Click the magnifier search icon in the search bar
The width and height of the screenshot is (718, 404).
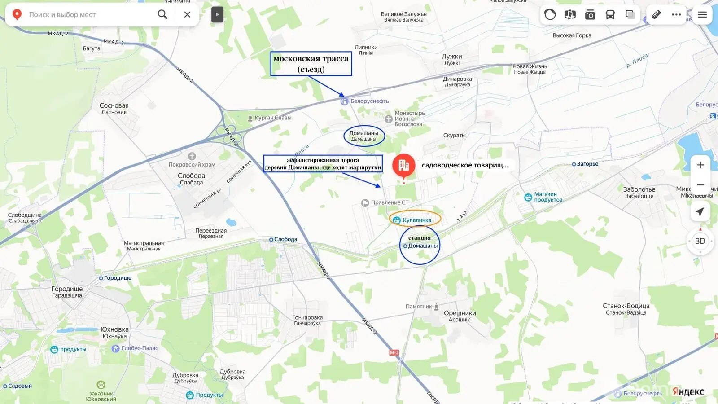(x=162, y=14)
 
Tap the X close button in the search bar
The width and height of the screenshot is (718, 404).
(x=188, y=14)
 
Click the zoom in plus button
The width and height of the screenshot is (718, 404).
(x=700, y=165)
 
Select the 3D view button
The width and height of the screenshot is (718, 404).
(x=700, y=241)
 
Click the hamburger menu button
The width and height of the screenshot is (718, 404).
(x=702, y=14)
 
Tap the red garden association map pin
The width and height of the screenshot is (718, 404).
(x=403, y=165)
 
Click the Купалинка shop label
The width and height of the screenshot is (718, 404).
(x=416, y=220)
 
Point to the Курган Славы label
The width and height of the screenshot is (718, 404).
(x=272, y=118)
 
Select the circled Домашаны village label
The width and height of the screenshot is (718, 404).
(x=364, y=136)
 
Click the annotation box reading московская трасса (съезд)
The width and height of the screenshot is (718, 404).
(x=311, y=64)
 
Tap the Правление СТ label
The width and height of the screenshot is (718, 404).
(x=389, y=203)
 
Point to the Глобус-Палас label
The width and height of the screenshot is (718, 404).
(x=139, y=348)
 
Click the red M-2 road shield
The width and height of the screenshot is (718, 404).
(x=394, y=353)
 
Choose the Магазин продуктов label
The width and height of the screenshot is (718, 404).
(x=547, y=197)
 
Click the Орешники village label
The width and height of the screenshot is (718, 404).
(x=460, y=316)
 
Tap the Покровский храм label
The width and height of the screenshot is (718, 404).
(x=192, y=165)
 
